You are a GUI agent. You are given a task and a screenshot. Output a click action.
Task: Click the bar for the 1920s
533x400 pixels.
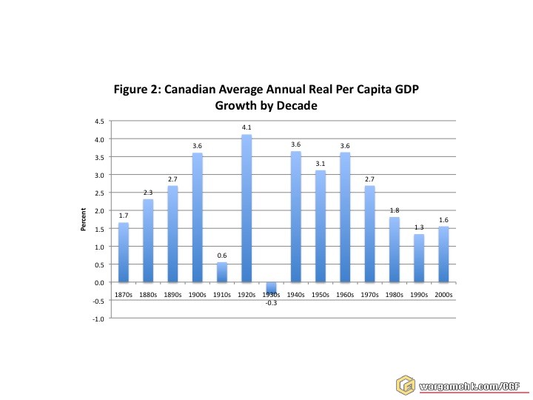tap(247, 208)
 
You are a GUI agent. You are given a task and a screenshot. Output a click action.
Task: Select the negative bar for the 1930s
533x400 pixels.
tap(271, 287)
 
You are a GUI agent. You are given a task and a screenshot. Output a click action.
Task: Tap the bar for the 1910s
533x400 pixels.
tap(222, 272)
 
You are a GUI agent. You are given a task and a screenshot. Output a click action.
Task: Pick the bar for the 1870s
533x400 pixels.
tap(124, 252)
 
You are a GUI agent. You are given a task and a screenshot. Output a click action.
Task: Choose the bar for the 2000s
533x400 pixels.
tap(443, 254)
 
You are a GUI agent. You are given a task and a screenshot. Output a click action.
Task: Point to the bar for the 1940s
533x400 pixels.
tap(295, 216)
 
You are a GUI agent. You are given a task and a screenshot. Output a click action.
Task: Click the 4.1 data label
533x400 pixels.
tap(247, 128)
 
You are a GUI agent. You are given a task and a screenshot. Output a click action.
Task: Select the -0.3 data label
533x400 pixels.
tap(271, 303)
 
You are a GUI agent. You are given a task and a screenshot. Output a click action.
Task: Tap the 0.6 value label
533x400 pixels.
tap(222, 256)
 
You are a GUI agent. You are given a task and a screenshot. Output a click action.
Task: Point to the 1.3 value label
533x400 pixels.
tap(419, 227)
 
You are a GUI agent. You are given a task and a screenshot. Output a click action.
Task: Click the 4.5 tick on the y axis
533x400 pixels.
tap(99, 121)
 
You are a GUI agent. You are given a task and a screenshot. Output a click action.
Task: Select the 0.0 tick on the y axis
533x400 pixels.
tap(99, 282)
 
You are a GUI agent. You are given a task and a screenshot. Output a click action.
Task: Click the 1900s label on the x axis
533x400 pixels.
tap(197, 294)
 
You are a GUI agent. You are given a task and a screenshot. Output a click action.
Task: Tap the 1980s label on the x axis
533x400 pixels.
tap(395, 294)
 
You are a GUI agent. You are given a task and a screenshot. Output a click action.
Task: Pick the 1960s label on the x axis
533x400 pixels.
tap(345, 294)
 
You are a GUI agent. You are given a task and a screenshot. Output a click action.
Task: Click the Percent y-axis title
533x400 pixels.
tap(84, 219)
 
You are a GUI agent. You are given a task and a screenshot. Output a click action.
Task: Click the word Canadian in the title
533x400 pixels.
tap(195, 90)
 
